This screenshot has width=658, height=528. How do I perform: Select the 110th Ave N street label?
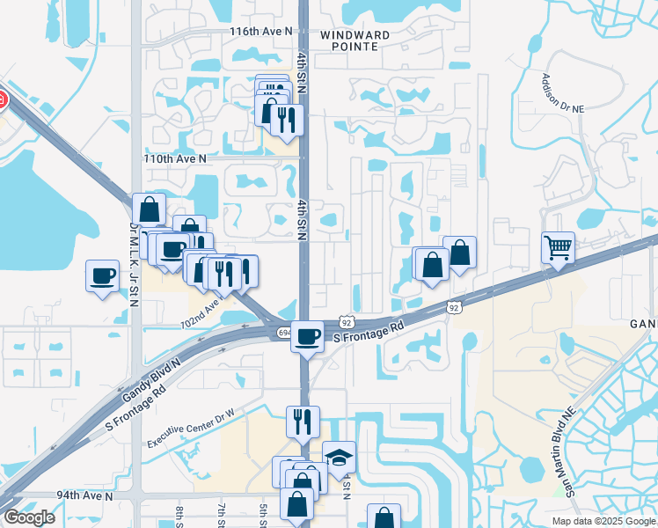point(175,158)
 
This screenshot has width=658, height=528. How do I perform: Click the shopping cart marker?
point(558,246)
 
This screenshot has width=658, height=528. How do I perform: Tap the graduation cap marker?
point(339,456)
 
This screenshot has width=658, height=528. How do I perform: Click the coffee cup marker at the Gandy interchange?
point(308,335)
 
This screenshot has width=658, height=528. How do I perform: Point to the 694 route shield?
point(283,332)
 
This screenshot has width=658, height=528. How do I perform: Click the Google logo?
point(29,517)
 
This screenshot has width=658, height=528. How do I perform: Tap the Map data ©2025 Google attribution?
point(603,521)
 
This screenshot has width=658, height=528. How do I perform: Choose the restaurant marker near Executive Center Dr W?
point(303,421)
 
